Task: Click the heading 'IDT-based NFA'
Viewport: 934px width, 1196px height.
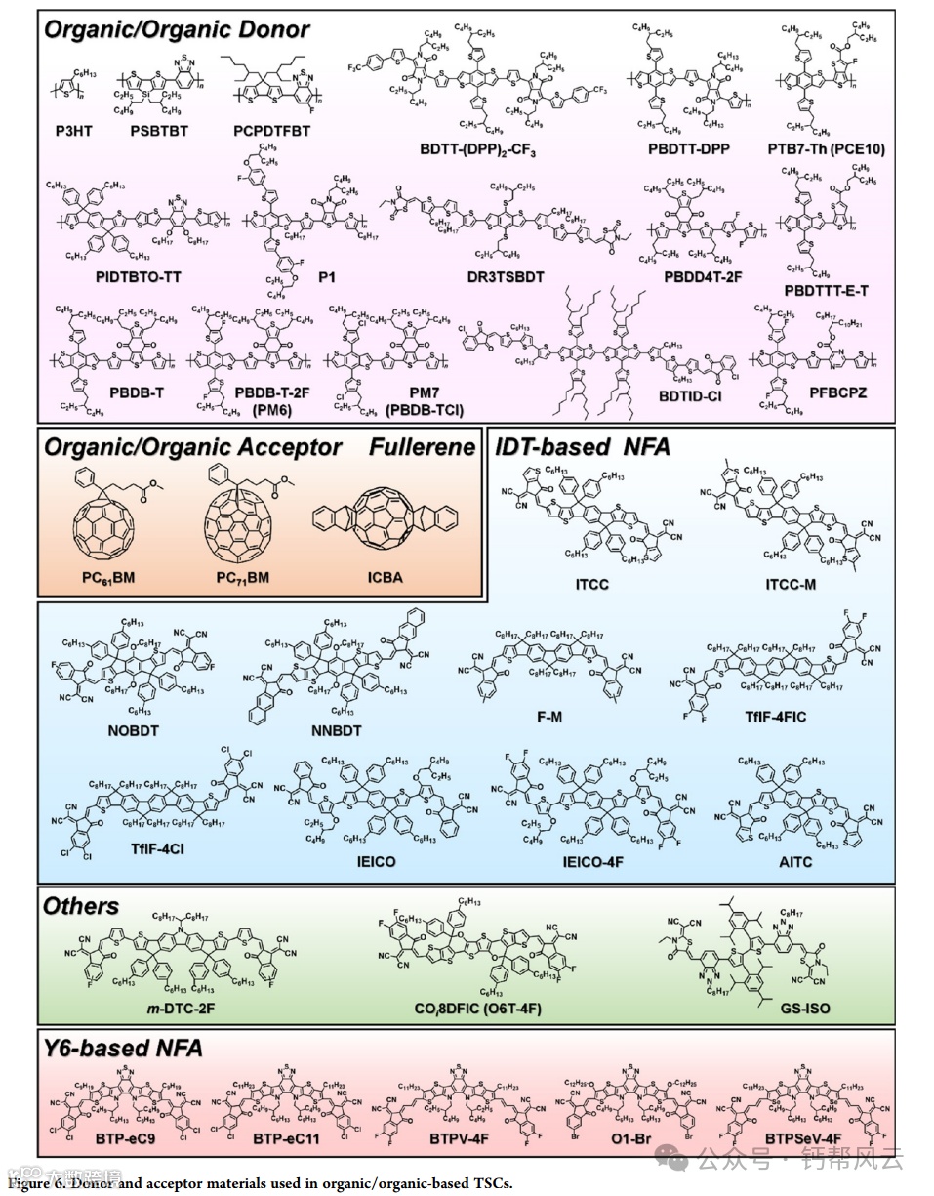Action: pos(583,448)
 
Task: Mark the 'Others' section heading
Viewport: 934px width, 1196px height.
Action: pos(81,906)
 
